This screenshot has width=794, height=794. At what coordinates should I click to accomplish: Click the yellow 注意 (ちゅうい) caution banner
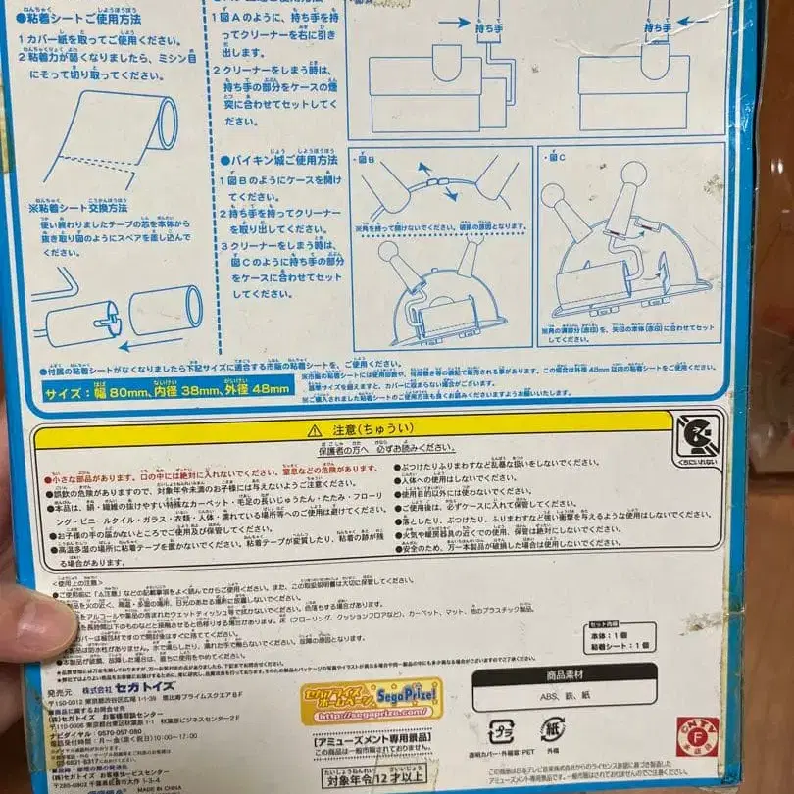[360, 429]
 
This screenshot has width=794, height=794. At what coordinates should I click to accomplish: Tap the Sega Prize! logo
[372, 699]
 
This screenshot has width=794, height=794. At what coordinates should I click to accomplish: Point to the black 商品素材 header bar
[597, 677]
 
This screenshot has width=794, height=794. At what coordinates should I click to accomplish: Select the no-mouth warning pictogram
[697, 436]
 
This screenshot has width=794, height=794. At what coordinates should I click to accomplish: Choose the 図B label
[367, 158]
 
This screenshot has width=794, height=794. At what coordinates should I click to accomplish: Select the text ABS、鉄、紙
[597, 699]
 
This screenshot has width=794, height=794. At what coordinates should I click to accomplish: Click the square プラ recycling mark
[499, 733]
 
